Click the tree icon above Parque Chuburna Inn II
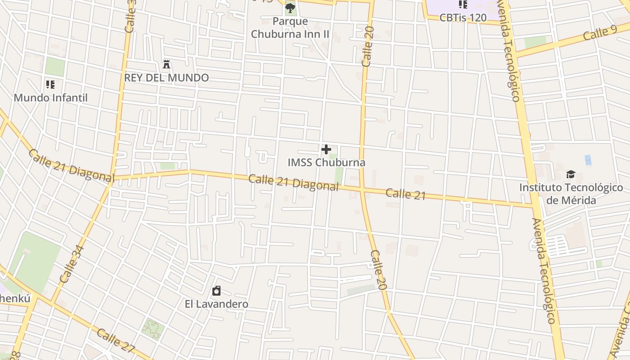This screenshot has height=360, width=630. (x=290, y=8)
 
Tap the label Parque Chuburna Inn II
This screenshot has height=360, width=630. (x=290, y=27)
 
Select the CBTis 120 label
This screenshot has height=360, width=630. (x=463, y=18)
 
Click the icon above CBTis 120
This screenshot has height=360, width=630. (x=463, y=4)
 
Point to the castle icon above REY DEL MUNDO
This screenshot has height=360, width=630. (x=166, y=64)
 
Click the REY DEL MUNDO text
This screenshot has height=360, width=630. (x=166, y=77)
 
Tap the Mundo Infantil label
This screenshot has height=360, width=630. (x=50, y=98)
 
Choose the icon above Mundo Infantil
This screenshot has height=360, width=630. (x=50, y=84)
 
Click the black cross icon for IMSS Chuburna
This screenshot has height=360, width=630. (x=326, y=149)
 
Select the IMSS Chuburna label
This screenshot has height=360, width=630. (x=326, y=162)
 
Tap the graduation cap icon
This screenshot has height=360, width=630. (x=571, y=174)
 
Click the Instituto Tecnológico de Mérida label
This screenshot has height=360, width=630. (x=571, y=193)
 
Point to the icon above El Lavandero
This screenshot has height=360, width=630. (x=216, y=291)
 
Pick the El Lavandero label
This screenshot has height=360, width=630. (x=216, y=304)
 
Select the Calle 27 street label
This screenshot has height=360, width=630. (x=116, y=341)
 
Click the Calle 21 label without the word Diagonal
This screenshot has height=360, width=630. (x=405, y=193)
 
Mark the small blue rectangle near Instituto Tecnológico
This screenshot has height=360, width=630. (x=588, y=160)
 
